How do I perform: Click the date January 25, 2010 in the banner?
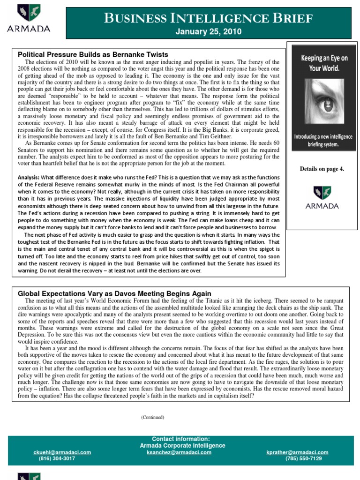[x=208, y=32]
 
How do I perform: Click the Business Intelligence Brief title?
[x=208, y=18]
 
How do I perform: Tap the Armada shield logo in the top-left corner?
[x=28, y=13]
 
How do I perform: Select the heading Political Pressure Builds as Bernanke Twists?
[x=93, y=55]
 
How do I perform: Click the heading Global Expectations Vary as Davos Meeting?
[x=114, y=293]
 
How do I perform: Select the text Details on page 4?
[x=322, y=169]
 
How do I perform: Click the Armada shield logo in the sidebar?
[x=322, y=192]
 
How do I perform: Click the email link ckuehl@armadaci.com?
[x=62, y=452]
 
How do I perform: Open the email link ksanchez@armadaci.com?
[x=179, y=452]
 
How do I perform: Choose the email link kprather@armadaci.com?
[x=297, y=452]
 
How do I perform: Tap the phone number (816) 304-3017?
[x=57, y=458]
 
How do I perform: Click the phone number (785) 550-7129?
[x=303, y=458]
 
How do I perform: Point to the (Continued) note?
[x=152, y=417]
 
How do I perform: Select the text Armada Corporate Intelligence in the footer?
[x=182, y=445]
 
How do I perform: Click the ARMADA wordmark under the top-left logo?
[x=28, y=29]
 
